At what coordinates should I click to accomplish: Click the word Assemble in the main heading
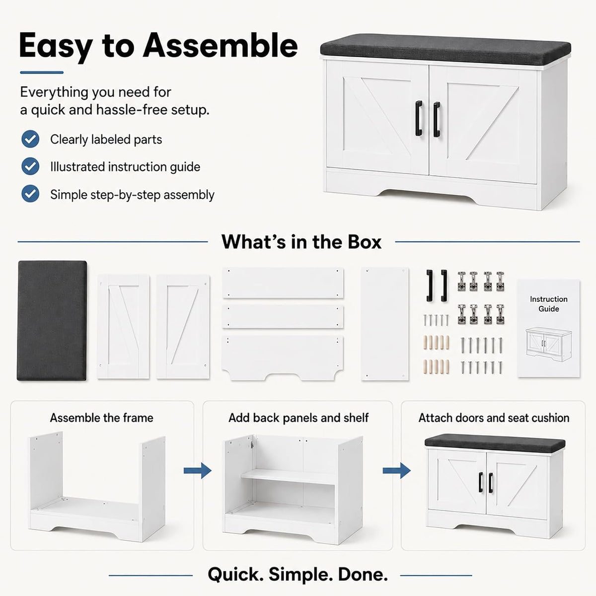220,46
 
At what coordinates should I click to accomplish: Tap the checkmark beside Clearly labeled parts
30,139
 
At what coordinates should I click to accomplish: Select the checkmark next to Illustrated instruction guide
30,166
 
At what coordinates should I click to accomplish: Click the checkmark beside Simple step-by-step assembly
30,194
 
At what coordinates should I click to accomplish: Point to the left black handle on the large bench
419,118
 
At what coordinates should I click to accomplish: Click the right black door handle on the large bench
437,119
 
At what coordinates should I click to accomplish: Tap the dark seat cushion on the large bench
446,50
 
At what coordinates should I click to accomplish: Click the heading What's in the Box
301,242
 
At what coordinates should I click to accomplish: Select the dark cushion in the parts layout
52,320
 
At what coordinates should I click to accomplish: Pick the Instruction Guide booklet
548,328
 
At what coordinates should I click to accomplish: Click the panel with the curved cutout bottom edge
283,358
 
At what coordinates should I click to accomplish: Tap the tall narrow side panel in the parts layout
384,323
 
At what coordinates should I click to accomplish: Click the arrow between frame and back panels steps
198,471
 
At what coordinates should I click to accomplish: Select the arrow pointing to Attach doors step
397,471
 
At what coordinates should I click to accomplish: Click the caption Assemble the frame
102,418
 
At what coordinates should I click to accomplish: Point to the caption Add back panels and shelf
298,418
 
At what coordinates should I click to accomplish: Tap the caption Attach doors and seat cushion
494,418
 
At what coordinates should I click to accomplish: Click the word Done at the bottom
363,575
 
